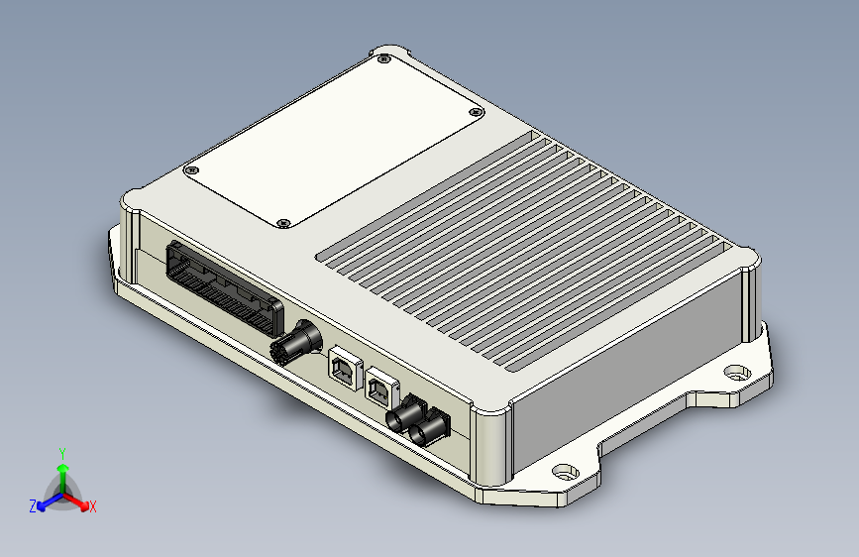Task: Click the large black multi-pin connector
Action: tap(225, 287)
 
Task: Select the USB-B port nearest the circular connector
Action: tap(346, 368)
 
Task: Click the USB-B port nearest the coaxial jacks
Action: tap(381, 389)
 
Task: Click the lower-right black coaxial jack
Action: tap(430, 427)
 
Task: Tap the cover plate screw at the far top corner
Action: tap(384, 58)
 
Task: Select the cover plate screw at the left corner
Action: tap(191, 169)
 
